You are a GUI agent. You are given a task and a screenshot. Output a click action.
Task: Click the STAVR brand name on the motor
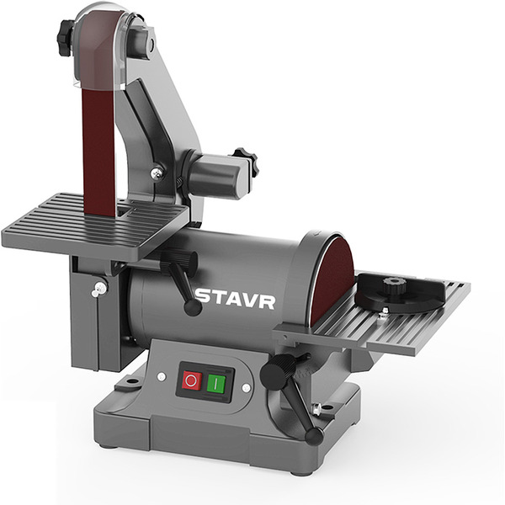235,299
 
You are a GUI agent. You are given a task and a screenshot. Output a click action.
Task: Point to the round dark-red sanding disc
333,278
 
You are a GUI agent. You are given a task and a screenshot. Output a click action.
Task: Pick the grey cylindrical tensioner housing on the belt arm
214,176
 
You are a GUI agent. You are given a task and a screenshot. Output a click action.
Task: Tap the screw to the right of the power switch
246,388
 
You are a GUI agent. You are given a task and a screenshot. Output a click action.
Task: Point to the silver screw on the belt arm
157,173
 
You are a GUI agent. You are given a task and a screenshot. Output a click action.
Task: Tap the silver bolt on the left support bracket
99,289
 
